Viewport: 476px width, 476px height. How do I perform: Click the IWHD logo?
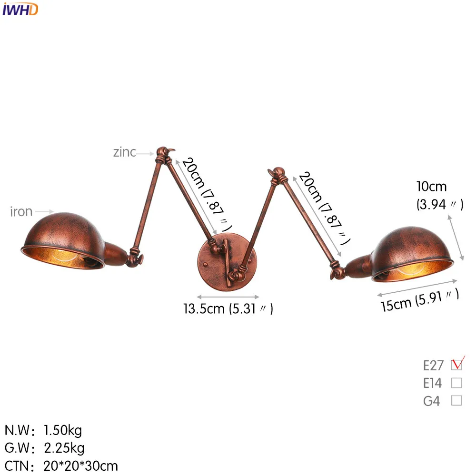point(20,10)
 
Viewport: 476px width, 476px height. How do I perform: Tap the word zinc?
point(124,152)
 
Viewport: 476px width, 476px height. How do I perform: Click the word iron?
point(21,212)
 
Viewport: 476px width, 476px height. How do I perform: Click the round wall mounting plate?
point(227,262)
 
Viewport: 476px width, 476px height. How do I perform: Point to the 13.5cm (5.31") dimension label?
point(228,309)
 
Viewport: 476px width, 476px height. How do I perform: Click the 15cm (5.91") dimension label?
point(420,300)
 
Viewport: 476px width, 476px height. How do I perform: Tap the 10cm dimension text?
point(431,187)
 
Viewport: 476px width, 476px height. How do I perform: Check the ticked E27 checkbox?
point(456,365)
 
